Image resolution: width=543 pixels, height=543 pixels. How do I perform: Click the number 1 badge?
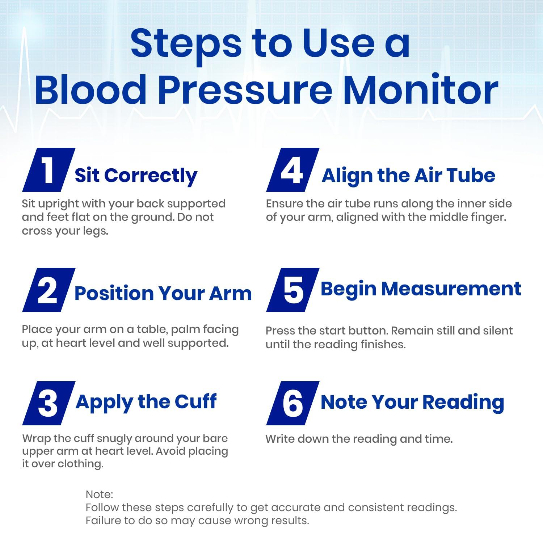coord(49,170)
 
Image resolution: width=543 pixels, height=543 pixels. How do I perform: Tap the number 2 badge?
coord(49,290)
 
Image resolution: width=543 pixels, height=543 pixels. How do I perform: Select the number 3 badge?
coord(49,403)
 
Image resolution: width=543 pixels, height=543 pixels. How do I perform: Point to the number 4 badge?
coord(292,170)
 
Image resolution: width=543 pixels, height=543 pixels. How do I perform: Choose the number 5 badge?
coord(292,290)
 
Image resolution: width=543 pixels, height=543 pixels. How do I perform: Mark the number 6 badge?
coord(292,403)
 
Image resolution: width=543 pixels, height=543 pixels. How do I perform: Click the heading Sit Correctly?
coord(136,176)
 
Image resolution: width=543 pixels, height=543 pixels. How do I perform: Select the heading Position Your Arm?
coord(163,293)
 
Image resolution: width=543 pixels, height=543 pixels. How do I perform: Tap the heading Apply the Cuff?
coord(146,402)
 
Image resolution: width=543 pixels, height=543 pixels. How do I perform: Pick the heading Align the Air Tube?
coord(408,176)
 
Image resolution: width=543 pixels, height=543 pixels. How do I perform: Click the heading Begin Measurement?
coord(421,289)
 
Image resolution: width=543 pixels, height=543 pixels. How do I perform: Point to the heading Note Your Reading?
coord(412,402)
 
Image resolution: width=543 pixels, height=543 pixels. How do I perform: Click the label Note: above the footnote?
coord(99,494)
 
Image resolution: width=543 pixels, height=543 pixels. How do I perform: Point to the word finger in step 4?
coord(486,217)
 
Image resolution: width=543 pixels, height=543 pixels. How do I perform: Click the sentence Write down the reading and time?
coord(359,439)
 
